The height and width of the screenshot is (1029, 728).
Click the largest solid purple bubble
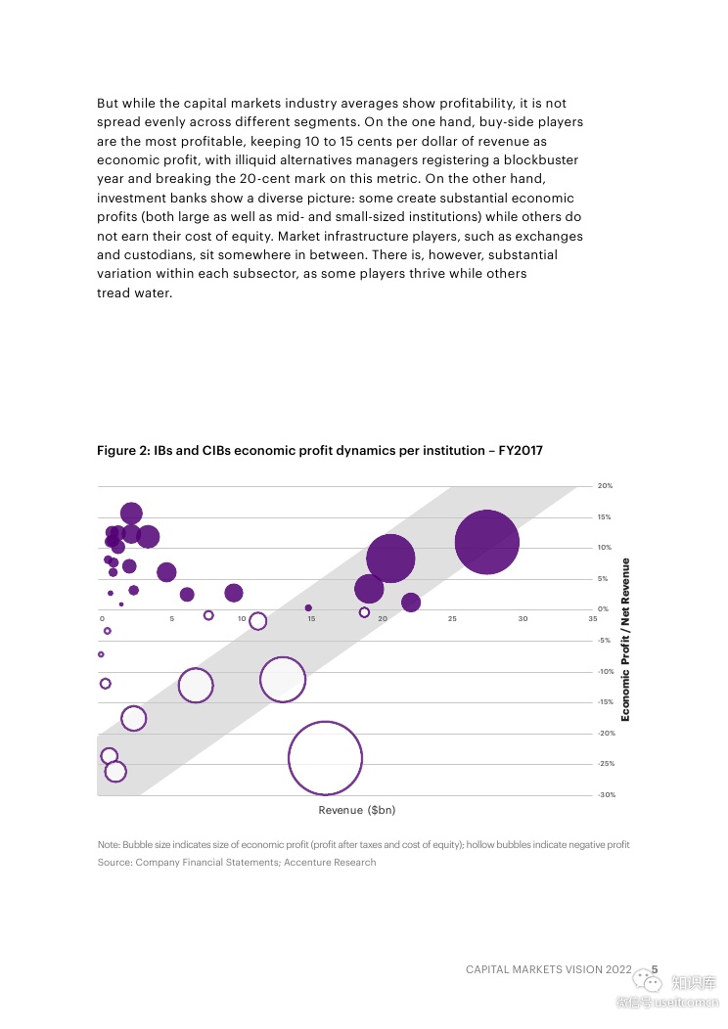pos(486,542)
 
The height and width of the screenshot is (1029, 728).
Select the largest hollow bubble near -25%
pos(325,758)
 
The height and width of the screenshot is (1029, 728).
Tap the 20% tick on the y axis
pos(605,486)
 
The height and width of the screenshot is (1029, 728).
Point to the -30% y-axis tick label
pos(607,795)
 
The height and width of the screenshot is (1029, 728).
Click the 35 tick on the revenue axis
pos(593,619)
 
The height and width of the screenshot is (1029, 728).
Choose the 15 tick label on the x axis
pos(311,619)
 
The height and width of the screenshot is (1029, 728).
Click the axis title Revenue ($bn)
pos(357,810)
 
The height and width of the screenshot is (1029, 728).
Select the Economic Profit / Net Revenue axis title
pos(625,640)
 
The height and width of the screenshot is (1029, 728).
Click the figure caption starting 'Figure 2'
pos(319,451)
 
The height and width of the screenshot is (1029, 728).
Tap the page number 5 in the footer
pos(655,969)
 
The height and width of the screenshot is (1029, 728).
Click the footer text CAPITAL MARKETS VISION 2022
pos(549,969)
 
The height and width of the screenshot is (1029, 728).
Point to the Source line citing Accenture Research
pos(236,863)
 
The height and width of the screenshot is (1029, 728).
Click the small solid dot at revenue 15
pos(308,608)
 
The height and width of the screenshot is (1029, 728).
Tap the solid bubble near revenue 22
pos(411,603)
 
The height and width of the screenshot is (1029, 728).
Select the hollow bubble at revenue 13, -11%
pos(283,680)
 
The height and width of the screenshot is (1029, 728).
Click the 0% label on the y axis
pos(603,609)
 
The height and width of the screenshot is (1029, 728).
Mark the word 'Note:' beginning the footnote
pos(108,844)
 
